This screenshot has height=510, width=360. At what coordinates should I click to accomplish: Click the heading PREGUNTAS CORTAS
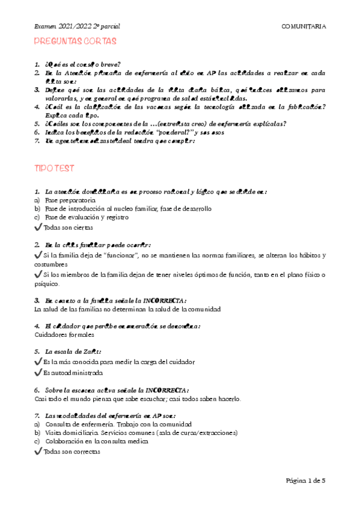point(75,41)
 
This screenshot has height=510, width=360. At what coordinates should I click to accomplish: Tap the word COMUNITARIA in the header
point(304,26)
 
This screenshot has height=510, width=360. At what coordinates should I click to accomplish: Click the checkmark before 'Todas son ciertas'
point(39,227)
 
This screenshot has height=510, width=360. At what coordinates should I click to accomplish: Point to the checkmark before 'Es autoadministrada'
point(39,372)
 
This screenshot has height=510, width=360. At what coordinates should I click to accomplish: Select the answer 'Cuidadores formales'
point(64,334)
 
